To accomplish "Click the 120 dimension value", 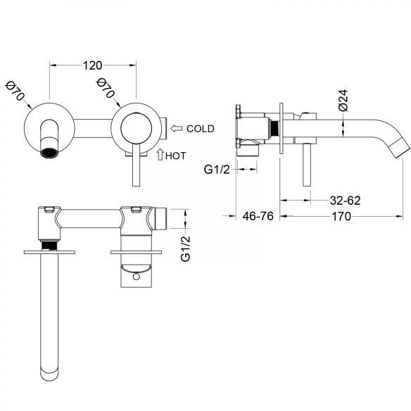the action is [92, 65].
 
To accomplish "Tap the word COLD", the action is [201, 129].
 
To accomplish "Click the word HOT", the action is [176, 156].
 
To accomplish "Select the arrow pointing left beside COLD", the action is [177, 128].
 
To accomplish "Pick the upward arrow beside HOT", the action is [160, 154].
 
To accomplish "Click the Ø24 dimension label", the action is [343, 100].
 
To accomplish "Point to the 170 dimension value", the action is [341, 217].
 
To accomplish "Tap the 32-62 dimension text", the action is [346, 201].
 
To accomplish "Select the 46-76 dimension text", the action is [258, 216].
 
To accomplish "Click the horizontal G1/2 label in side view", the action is [217, 170].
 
